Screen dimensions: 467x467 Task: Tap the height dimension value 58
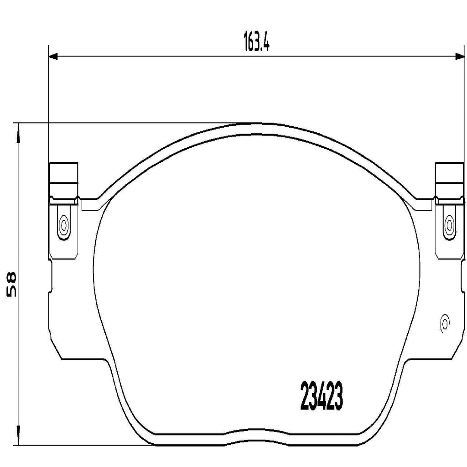[x=10, y=284]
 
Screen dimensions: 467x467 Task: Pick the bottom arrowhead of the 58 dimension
[x=18, y=439]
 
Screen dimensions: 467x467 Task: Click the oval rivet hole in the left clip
[x=63, y=224]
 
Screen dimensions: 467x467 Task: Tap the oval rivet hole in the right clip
[x=449, y=224]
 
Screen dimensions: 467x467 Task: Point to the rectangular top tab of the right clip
[x=450, y=178]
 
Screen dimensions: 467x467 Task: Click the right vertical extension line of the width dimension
[x=464, y=137]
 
